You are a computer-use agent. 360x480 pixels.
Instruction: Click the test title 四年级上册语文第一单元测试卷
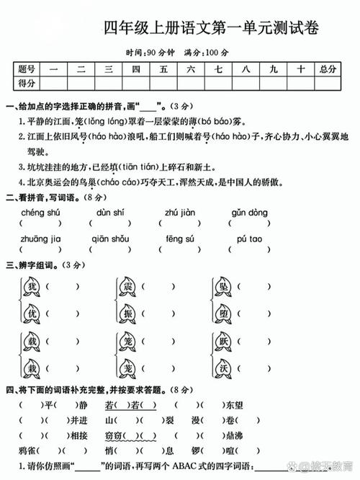click(x=210, y=29)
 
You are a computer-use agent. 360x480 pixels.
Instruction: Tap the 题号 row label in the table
click(x=27, y=69)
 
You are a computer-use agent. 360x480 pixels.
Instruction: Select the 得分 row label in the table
click(x=27, y=84)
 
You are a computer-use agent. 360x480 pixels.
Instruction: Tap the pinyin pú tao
click(x=249, y=239)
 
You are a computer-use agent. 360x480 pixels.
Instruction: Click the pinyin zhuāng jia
click(x=41, y=239)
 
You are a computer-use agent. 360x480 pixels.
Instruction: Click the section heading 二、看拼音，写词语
click(x=43, y=197)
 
